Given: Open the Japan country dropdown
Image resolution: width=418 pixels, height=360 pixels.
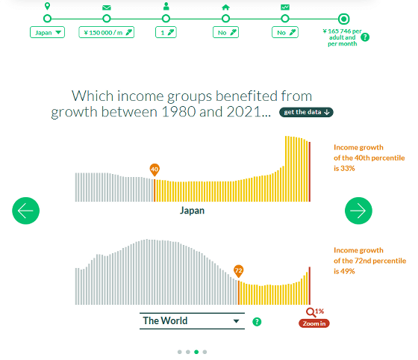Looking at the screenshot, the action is pos(47,33).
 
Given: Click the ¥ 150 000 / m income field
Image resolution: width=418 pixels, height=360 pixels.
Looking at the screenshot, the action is pos(106,33).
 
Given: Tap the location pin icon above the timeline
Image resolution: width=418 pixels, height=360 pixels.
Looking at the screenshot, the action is pos(47,6).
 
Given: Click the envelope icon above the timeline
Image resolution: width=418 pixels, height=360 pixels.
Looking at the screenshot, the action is pos(106,7).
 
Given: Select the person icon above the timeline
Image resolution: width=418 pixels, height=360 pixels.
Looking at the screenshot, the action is pos(166,6).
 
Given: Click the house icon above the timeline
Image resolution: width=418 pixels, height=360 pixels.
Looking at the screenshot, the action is pos(225,7).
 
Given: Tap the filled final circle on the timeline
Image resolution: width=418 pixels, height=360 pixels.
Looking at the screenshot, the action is pos(344,19).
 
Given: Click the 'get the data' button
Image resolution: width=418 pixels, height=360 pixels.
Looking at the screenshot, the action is pos(306,112).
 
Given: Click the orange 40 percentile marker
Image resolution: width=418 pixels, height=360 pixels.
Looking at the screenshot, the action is pos(155,170).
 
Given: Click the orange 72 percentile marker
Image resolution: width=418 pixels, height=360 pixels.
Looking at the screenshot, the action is pos(238,271).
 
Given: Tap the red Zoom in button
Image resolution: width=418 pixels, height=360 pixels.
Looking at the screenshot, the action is pos(314,323).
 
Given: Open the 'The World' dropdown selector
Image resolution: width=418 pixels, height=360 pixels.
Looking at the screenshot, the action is pos(192,321).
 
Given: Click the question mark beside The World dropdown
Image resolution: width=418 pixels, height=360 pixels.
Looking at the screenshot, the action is pos(257,322).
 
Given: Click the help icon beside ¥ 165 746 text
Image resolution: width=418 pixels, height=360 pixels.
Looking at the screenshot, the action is pos(365,37).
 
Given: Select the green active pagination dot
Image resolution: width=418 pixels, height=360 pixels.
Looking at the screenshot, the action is pos(196,352).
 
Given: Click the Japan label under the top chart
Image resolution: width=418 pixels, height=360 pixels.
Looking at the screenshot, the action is pos(192,211).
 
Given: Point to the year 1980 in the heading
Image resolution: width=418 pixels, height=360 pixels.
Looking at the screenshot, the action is pos(178,111).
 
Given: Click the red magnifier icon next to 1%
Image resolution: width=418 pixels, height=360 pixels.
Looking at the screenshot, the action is pos(311,312).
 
